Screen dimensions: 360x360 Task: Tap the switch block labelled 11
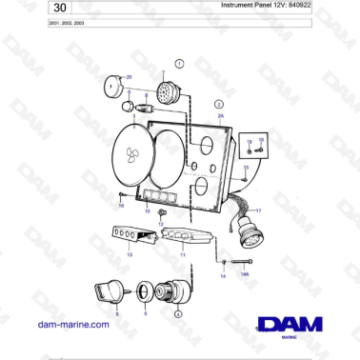pyautogui.click(x=179, y=237)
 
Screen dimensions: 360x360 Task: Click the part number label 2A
pyautogui.click(x=220, y=114)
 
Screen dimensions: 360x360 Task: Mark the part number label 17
pyautogui.click(x=258, y=210)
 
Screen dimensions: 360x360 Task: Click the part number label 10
pyautogui.click(x=146, y=210)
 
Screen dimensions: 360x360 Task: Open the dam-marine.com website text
pyautogui.click(x=74, y=324)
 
